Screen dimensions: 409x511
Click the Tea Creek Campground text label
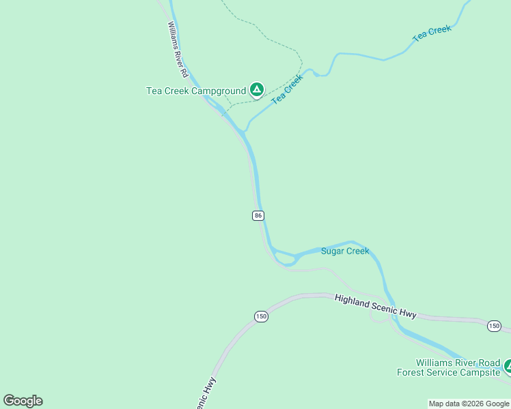pyautogui.click(x=195, y=91)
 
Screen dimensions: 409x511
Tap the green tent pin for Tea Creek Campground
pyautogui.click(x=256, y=89)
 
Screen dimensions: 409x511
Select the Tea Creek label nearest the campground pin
pyautogui.click(x=287, y=89)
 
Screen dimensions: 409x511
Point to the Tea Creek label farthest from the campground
pyautogui.click(x=432, y=33)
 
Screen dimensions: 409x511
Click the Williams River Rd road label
pyautogui.click(x=178, y=49)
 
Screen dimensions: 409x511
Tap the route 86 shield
pyautogui.click(x=258, y=215)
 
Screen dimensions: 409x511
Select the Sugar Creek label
pyautogui.click(x=345, y=251)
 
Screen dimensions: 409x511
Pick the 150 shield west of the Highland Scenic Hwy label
pyautogui.click(x=261, y=316)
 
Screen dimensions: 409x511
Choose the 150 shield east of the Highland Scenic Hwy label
pyautogui.click(x=494, y=327)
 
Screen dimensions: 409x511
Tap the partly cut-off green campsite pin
pyautogui.click(x=508, y=367)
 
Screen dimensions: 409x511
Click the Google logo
pyautogui.click(x=23, y=401)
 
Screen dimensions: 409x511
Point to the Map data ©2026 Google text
pyautogui.click(x=469, y=404)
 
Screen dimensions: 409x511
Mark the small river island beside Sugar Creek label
pyautogui.click(x=285, y=257)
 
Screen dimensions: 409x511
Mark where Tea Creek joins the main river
pyautogui.click(x=245, y=130)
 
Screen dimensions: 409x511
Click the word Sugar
pyautogui.click(x=333, y=251)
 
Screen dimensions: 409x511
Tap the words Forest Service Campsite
pyautogui.click(x=448, y=372)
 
